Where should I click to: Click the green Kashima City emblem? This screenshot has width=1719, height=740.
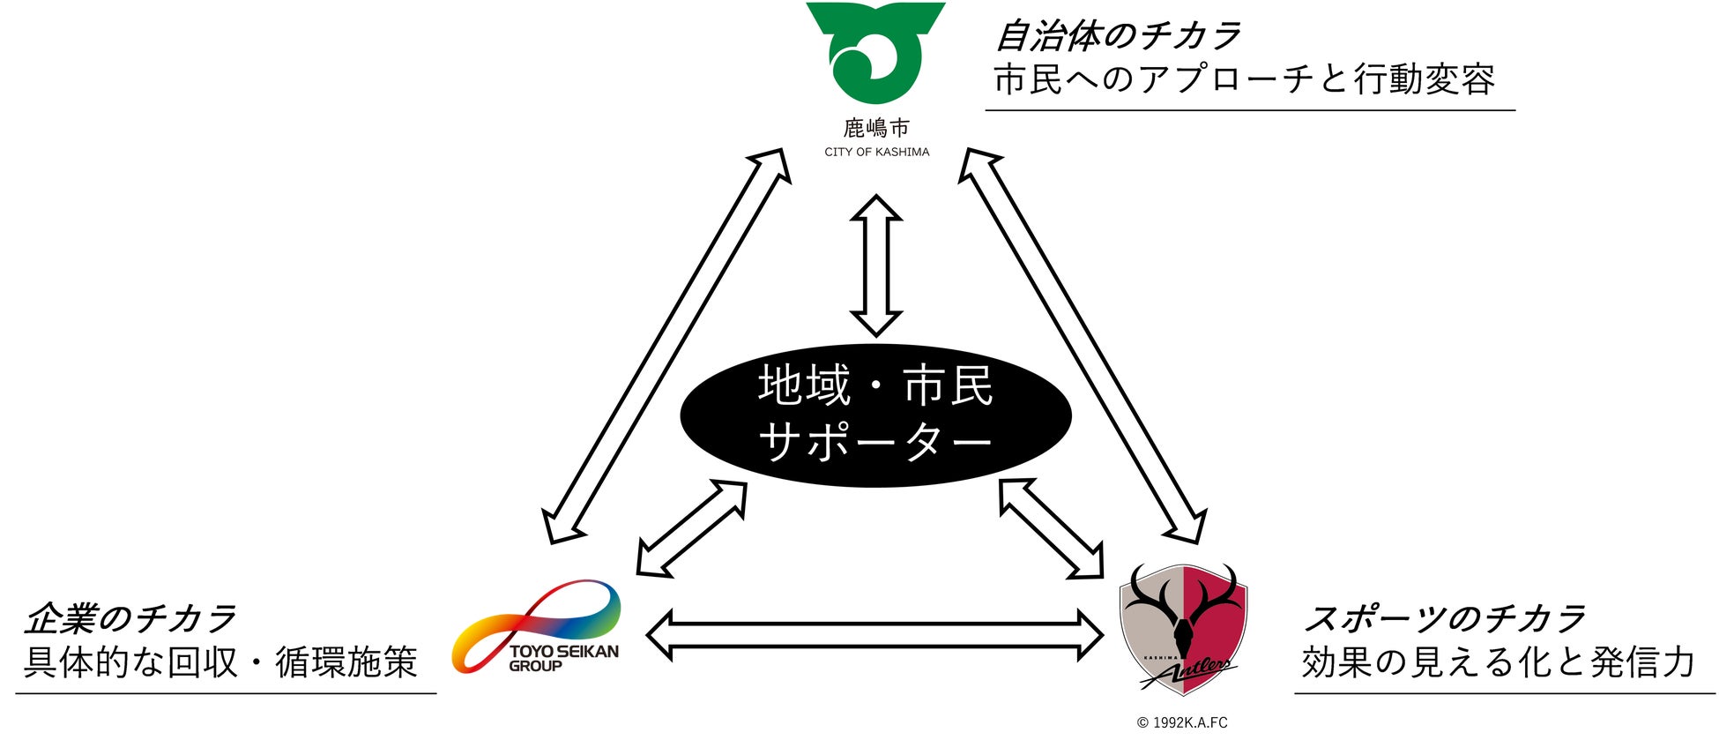pyautogui.click(x=874, y=53)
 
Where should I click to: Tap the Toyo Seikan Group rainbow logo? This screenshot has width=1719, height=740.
pyautogui.click(x=536, y=627)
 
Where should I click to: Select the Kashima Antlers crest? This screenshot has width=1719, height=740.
pyautogui.click(x=1184, y=627)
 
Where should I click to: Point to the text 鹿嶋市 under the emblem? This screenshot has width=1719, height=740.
pyautogui.click(x=875, y=129)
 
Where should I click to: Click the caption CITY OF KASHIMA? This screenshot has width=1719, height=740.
pyautogui.click(x=876, y=152)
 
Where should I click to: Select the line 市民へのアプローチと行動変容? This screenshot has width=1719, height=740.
pyautogui.click(x=1244, y=80)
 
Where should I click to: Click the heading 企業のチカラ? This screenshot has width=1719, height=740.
pyautogui.click(x=130, y=619)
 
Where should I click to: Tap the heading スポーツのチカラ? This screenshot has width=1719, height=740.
pyautogui.click(x=1443, y=619)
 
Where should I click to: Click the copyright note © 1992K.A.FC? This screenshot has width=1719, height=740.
pyautogui.click(x=1182, y=723)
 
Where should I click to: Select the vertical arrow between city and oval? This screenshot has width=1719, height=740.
pyautogui.click(x=875, y=265)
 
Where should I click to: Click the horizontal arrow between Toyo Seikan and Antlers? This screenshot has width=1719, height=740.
pyautogui.click(x=874, y=634)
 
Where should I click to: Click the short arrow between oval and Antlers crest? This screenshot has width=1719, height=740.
pyautogui.click(x=1051, y=528)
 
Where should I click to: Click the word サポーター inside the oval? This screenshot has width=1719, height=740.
pyautogui.click(x=875, y=441)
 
